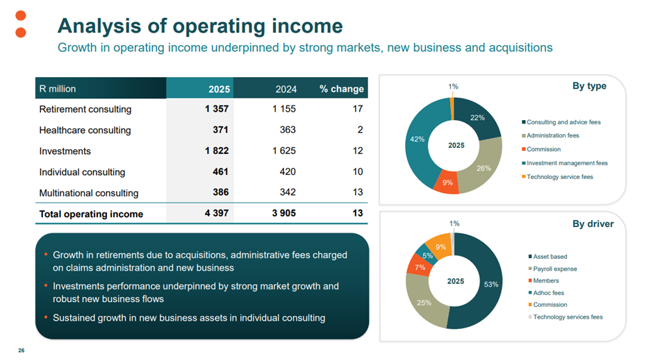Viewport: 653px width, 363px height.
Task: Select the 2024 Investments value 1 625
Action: (x=281, y=151)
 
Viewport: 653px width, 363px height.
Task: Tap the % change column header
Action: (x=341, y=89)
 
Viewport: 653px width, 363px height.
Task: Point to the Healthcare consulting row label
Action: (x=85, y=130)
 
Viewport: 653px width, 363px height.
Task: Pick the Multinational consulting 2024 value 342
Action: (x=286, y=193)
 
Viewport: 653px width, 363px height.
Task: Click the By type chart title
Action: (x=589, y=86)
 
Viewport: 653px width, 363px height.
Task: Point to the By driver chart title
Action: (x=593, y=224)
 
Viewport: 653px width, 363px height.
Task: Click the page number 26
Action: (x=22, y=351)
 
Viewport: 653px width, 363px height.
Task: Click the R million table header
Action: (x=58, y=89)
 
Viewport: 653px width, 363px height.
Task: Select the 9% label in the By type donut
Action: (x=447, y=183)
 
